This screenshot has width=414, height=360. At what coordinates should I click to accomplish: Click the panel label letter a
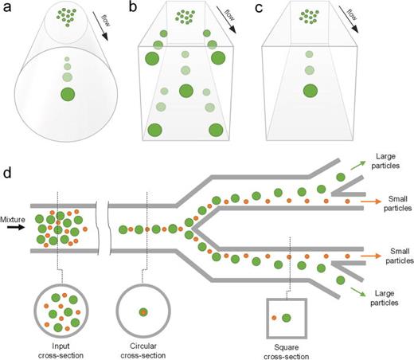point(7,7)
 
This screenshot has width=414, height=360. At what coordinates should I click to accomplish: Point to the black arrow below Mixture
point(15,228)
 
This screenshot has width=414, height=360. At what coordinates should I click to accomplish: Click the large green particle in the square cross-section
point(286,318)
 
